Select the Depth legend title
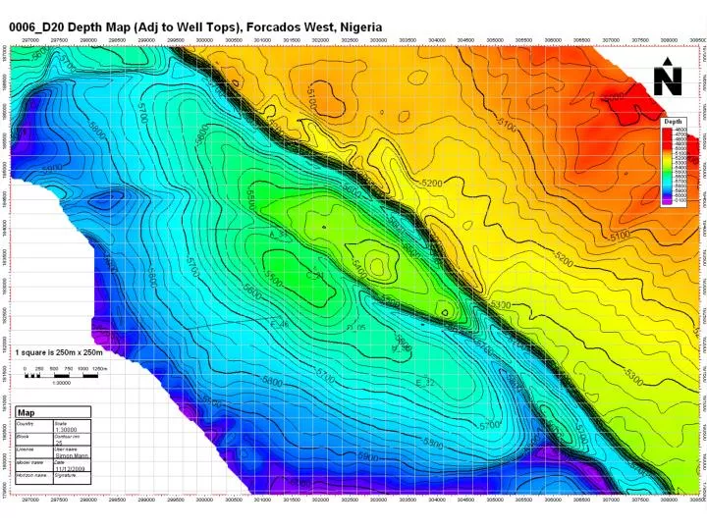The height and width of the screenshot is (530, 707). pyautogui.click(x=674, y=123)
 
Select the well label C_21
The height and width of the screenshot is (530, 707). pyautogui.click(x=316, y=276)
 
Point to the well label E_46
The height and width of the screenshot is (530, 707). pyautogui.click(x=279, y=324)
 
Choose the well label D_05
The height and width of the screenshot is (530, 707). pyautogui.click(x=356, y=327)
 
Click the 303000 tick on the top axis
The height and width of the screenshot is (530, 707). pyautogui.click(x=378, y=41)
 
